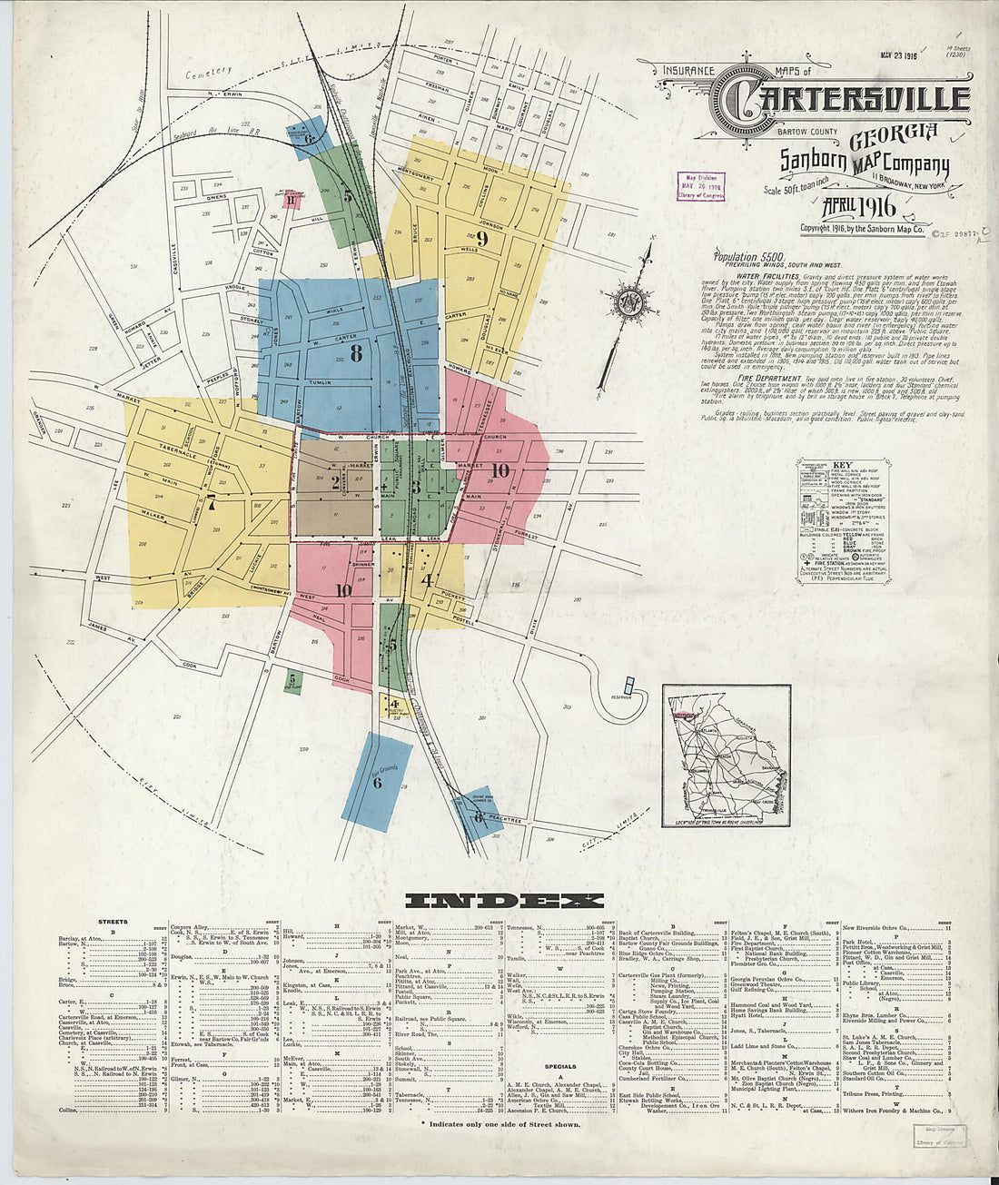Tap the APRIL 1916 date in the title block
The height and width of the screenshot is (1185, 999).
pyautogui.click(x=858, y=207)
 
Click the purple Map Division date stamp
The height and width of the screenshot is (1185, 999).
pyautogui.click(x=701, y=185)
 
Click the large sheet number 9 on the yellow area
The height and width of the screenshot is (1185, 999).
pyautogui.click(x=482, y=239)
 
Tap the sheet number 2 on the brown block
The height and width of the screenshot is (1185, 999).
pyautogui.click(x=334, y=482)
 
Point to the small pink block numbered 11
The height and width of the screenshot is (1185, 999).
pyautogui.click(x=291, y=200)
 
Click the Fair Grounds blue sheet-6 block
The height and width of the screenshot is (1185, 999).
pyautogui.click(x=377, y=777)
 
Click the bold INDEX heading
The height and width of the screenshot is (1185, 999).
pyautogui.click(x=503, y=901)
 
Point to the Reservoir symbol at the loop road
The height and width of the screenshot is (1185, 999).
pyautogui.click(x=629, y=687)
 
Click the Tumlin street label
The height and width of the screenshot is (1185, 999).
pyautogui.click(x=320, y=382)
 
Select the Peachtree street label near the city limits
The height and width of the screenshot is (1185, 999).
pyautogui.click(x=505, y=820)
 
